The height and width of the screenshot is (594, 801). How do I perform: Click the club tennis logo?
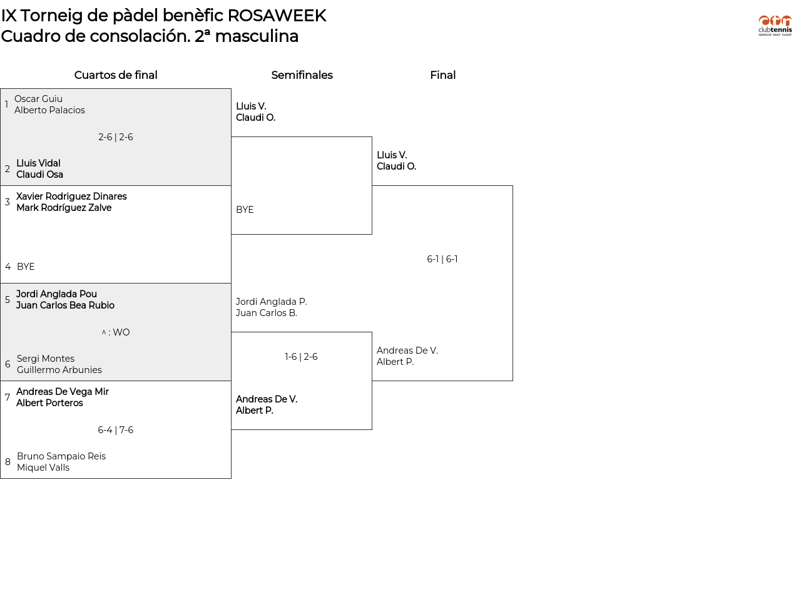(775, 25)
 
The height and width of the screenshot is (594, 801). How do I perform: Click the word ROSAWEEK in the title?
(277, 16)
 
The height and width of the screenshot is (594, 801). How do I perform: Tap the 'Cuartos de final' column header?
(116, 74)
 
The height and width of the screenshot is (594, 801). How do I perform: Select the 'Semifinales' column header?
(302, 74)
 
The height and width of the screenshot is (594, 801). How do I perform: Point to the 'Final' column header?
(443, 74)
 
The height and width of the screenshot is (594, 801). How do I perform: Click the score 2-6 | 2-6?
(116, 137)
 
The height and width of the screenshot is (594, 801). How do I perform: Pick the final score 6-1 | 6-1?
(442, 259)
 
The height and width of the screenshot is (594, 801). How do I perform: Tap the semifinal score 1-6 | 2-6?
(301, 357)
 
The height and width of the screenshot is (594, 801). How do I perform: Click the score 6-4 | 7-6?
(116, 429)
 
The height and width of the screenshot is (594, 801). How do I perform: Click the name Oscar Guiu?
(38, 99)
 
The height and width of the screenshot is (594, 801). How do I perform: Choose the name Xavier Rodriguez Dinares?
(71, 196)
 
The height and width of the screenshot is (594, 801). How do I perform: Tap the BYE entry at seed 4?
(26, 266)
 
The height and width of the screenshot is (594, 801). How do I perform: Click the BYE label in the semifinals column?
(245, 210)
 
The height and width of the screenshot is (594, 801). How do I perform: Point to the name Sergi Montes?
(46, 359)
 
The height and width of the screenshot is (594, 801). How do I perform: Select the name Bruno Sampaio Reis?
(61, 456)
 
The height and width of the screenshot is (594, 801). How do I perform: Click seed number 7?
(8, 397)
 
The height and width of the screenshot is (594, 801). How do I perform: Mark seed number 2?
(8, 169)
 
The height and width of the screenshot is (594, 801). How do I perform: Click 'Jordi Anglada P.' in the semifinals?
(271, 301)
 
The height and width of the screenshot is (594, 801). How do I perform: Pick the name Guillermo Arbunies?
(59, 370)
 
